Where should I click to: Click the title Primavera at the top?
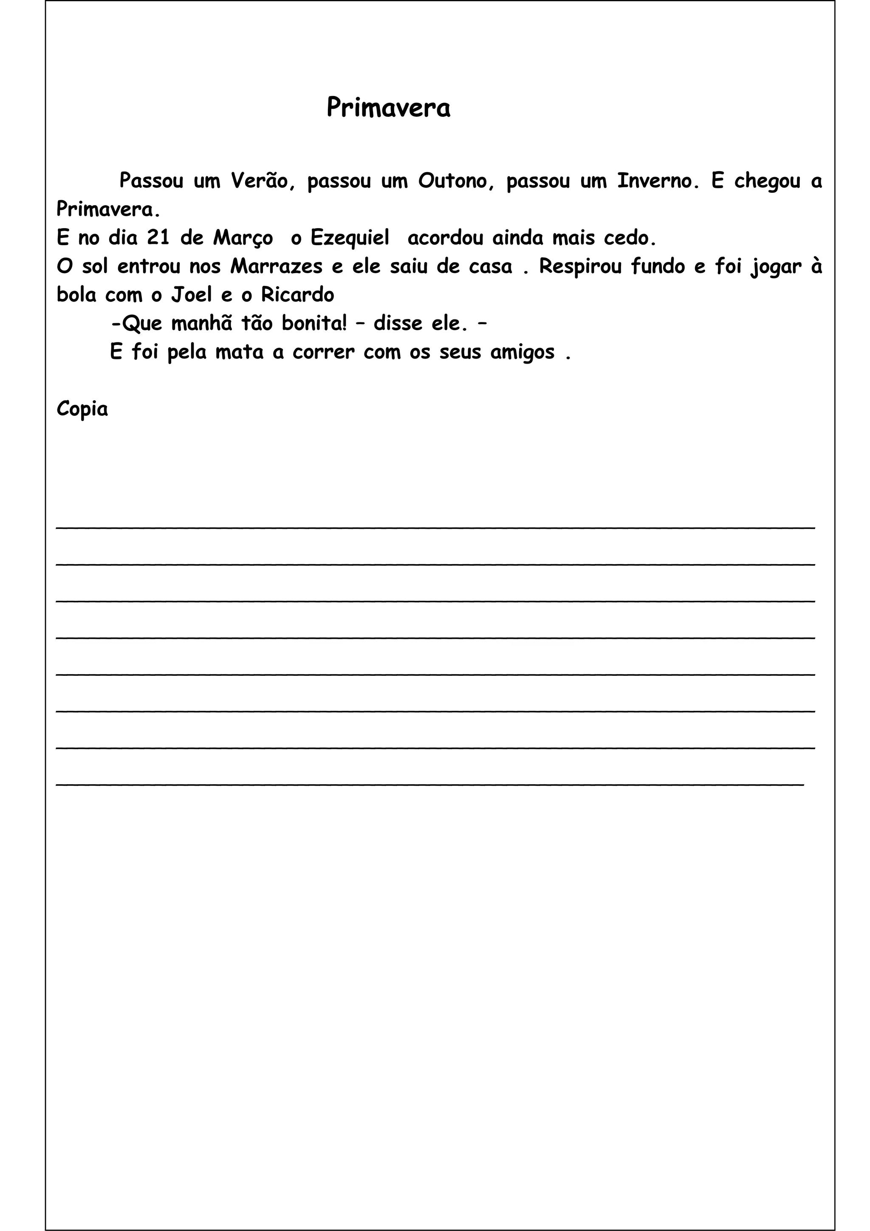(388, 108)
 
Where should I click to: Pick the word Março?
(243, 238)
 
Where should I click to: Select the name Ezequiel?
(350, 238)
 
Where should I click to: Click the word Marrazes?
(276, 266)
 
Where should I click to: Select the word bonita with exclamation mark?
(314, 324)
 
